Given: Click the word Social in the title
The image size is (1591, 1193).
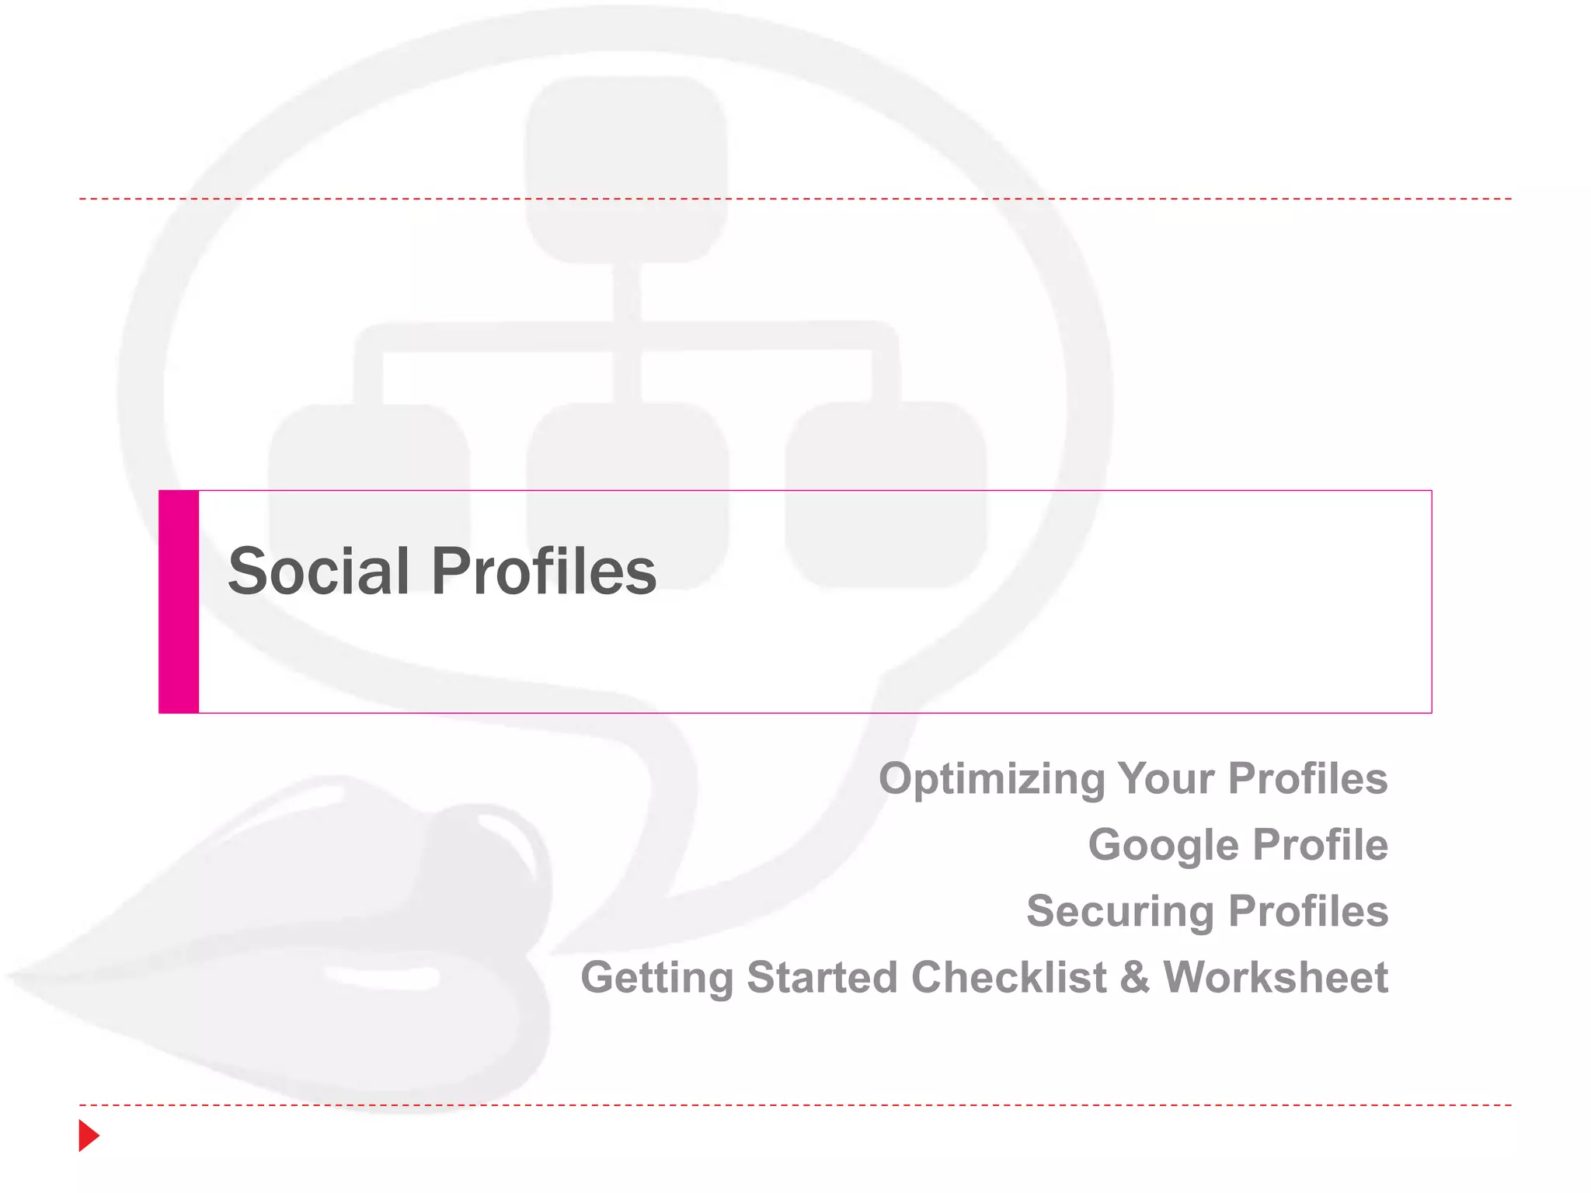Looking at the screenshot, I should (319, 572).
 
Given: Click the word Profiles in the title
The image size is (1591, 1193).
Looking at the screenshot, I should (544, 572).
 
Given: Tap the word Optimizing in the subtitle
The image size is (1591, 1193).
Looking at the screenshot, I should (991, 779).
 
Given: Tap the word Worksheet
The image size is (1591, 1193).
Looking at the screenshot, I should (1276, 977).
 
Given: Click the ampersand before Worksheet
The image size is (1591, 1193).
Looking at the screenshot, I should (1134, 977).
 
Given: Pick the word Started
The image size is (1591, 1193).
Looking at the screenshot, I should (822, 977).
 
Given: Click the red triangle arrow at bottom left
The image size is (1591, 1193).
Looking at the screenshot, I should (89, 1136).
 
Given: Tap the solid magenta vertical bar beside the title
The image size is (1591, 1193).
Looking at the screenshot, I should (179, 602).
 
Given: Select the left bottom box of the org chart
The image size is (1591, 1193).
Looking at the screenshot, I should (369, 450).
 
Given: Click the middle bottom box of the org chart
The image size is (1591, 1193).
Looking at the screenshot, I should (628, 450).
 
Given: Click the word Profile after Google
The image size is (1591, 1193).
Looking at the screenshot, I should (1320, 845).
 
